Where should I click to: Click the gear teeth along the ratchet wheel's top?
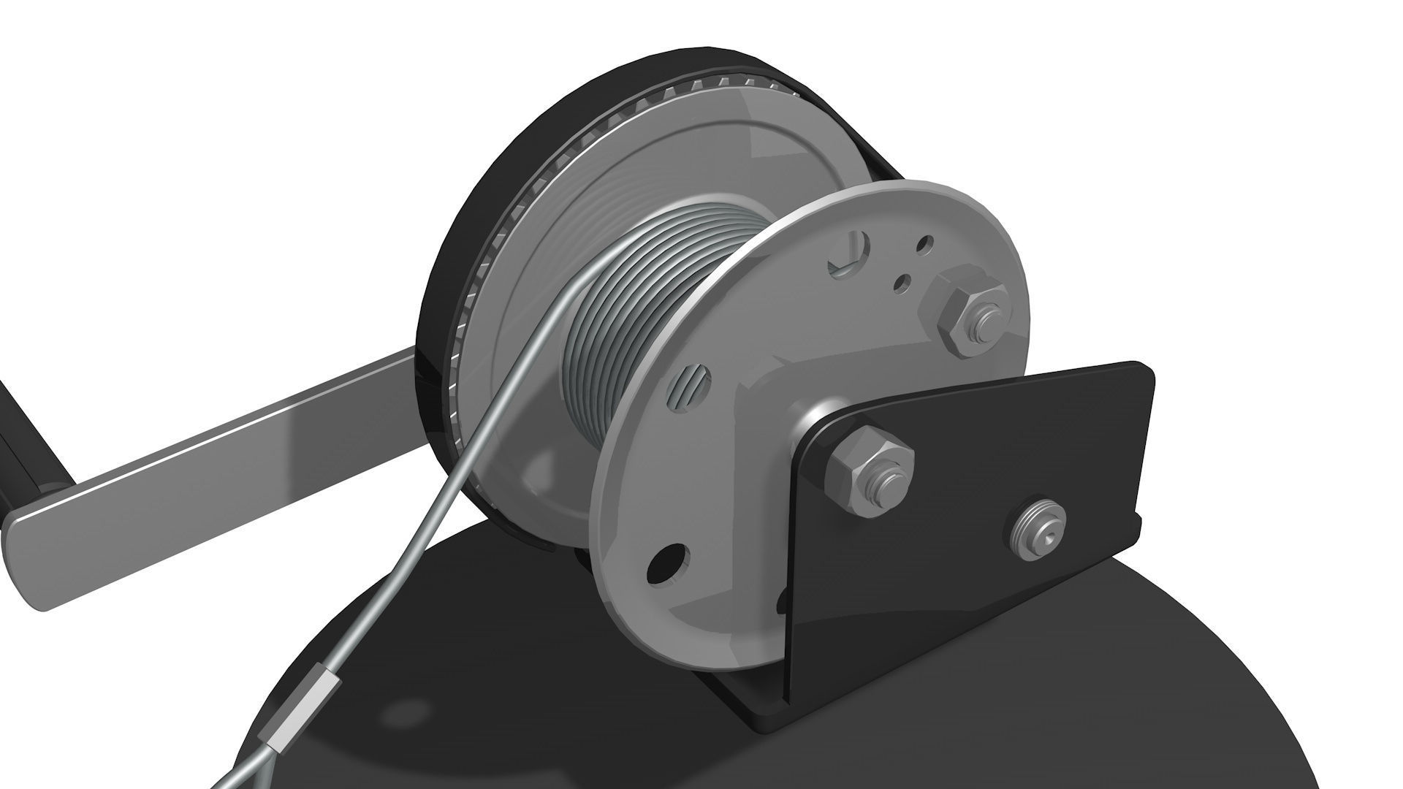click(701, 80)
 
